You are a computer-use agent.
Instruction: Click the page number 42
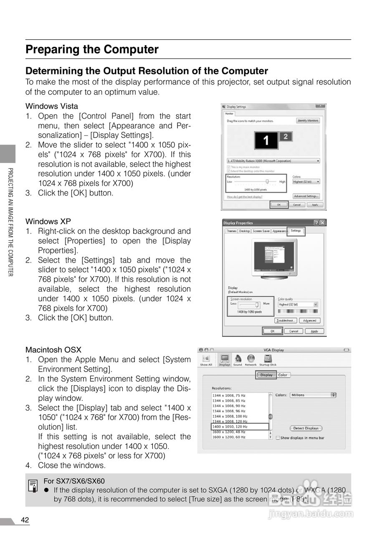coord(25,520)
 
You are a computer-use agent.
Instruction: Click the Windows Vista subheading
coord(52,106)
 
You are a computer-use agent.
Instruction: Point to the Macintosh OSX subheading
coord(53,350)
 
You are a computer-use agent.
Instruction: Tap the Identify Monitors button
coord(308,121)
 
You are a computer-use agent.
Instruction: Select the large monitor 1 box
coord(266,140)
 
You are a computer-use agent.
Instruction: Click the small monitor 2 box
coord(285,136)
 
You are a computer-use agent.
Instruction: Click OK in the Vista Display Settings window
coord(279,205)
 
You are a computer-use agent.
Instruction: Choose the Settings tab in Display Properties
coord(296,231)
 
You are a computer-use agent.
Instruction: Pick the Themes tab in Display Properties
coord(231,231)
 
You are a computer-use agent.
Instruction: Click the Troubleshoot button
coord(286,321)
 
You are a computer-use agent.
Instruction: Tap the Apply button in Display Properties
coord(314,331)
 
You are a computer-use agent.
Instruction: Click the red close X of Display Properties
coord(322,223)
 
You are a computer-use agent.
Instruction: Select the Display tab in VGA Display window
coord(266,375)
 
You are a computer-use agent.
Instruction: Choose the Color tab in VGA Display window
coord(283,375)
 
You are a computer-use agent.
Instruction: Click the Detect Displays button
coord(306,428)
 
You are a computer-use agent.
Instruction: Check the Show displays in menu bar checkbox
coord(278,438)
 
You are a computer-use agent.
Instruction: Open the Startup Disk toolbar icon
coord(268,360)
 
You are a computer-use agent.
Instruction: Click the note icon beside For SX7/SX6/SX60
coord(33,486)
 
